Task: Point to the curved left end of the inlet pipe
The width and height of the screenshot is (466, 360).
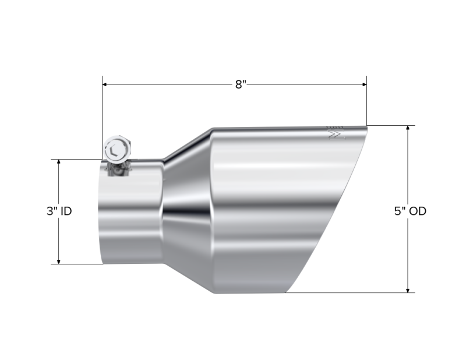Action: [99, 216]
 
